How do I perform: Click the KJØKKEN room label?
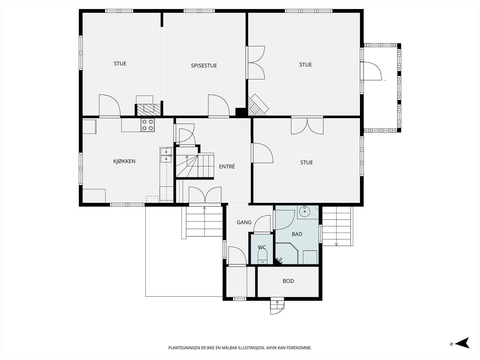click(x=124, y=161)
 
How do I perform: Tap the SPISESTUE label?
click(x=204, y=66)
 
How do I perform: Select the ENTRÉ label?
click(x=227, y=166)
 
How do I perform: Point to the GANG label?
click(x=244, y=222)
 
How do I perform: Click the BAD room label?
click(x=297, y=234)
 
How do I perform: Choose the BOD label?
click(x=288, y=281)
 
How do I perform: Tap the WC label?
click(x=262, y=247)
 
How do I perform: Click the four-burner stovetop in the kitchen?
click(x=148, y=125)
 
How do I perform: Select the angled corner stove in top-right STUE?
click(x=258, y=105)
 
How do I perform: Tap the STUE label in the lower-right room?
click(x=306, y=162)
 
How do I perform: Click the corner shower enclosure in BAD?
click(x=287, y=253)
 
